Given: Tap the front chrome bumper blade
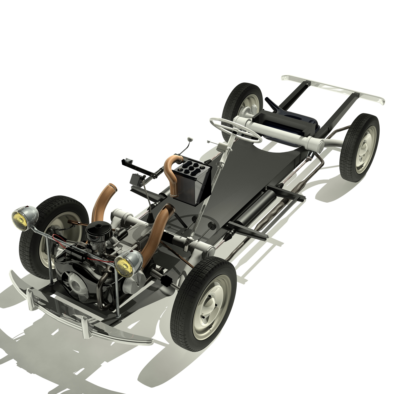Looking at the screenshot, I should [82, 315].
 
